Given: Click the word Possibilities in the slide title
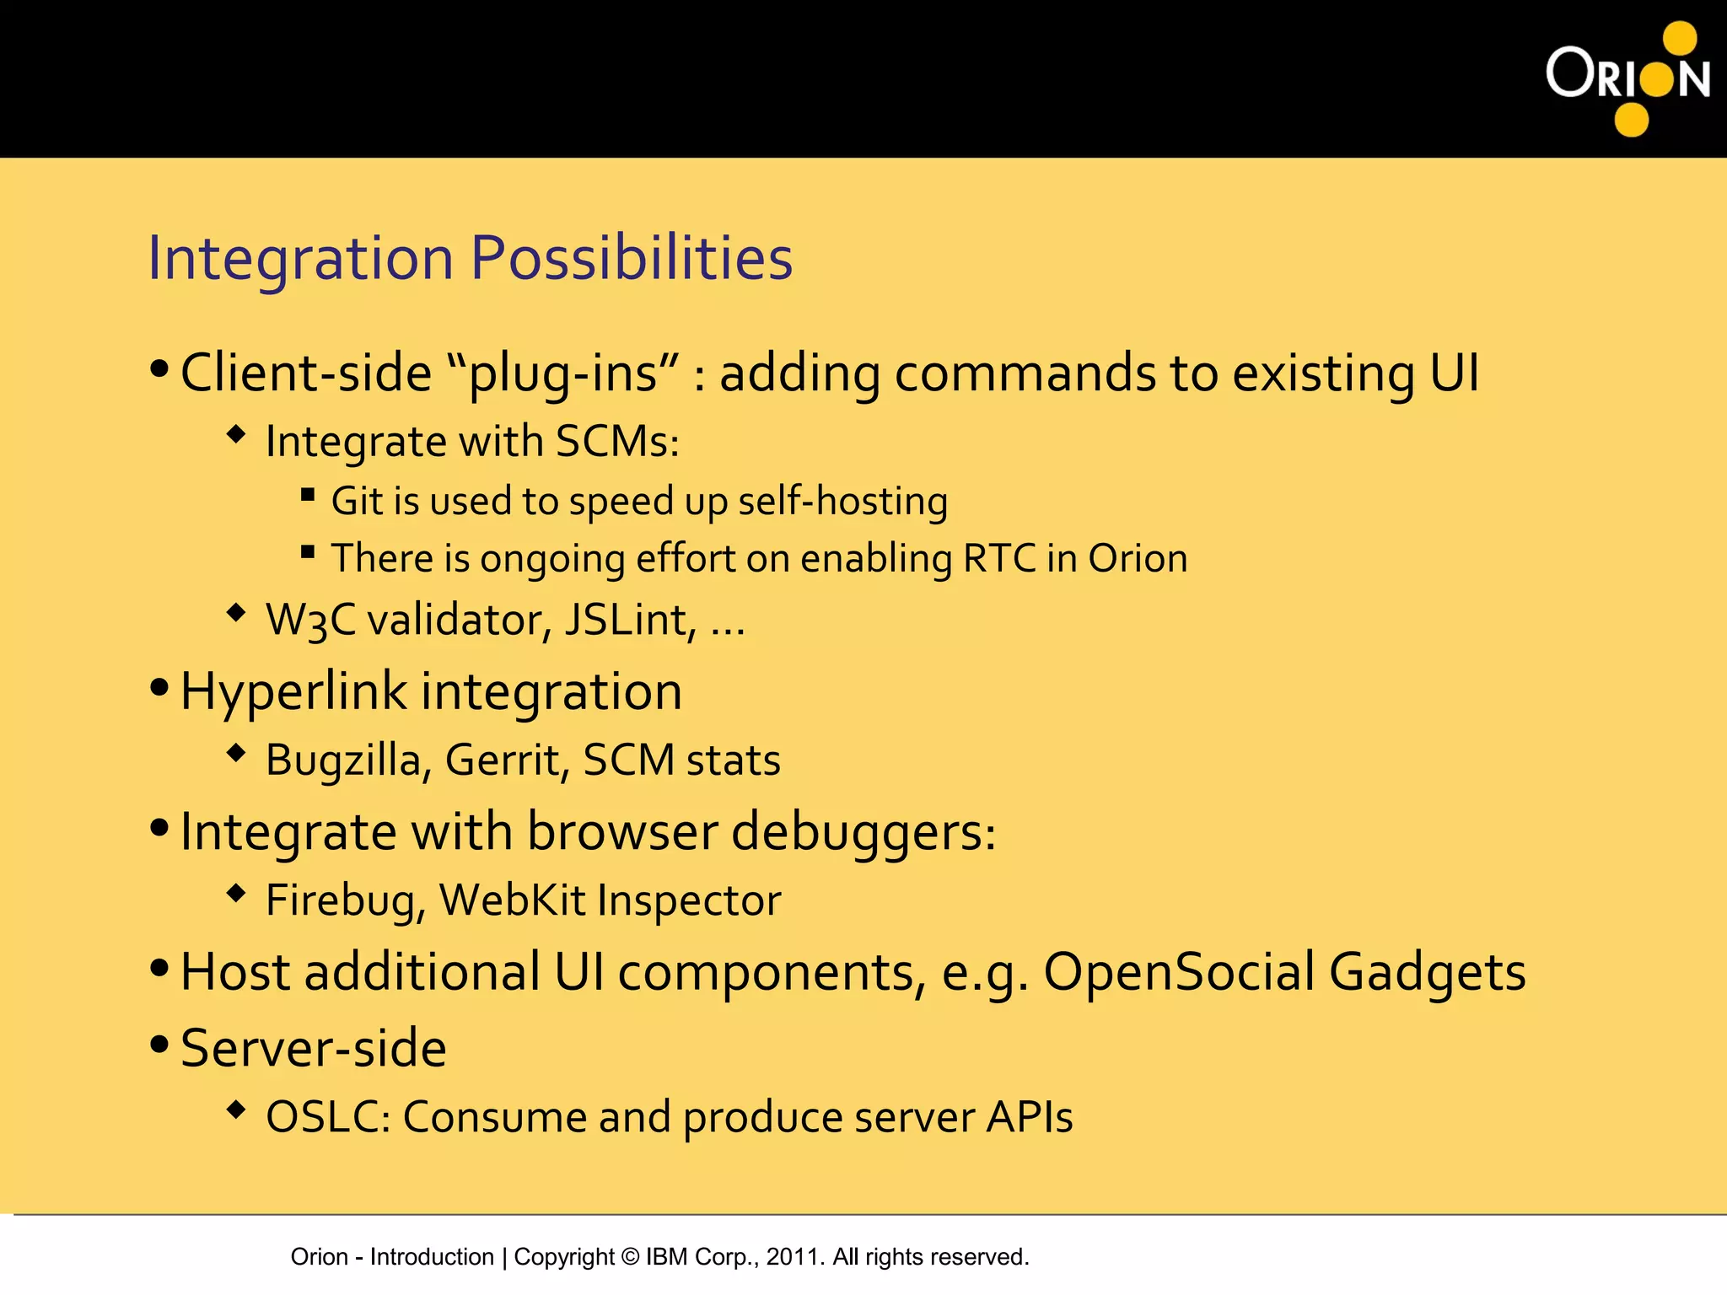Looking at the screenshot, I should click(631, 257).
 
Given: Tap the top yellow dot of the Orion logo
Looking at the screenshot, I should click(1679, 39).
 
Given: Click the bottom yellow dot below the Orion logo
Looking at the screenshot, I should click(1631, 119).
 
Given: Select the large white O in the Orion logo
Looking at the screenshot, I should click(1568, 73).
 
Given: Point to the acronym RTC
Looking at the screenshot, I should click(998, 558).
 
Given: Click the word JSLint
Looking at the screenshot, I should click(629, 621).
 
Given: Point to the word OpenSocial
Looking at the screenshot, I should click(1178, 972).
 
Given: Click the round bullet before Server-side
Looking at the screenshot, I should click(159, 1045).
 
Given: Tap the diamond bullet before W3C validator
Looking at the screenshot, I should click(236, 613).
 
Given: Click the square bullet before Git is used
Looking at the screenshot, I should click(308, 495).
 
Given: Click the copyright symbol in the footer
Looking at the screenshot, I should click(630, 1257).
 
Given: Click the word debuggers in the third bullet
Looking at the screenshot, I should click(863, 833).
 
